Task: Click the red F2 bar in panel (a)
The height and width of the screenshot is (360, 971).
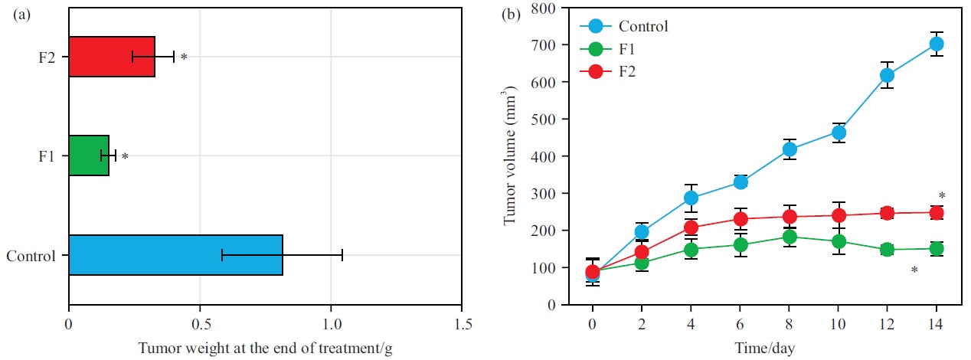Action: point(112,57)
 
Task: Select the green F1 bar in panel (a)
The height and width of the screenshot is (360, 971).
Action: point(89,155)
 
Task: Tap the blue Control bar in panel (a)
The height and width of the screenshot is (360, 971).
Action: point(175,254)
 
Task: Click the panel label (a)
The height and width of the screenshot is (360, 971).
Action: point(23,15)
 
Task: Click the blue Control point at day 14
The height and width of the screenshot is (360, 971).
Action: point(936,44)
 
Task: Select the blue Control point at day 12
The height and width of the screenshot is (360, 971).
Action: point(887,75)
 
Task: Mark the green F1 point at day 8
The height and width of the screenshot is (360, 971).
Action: point(789,237)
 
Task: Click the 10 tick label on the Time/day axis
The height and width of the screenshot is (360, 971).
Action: point(838,324)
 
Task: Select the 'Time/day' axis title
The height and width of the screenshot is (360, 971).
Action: point(764,349)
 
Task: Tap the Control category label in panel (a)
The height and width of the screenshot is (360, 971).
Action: point(31,255)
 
